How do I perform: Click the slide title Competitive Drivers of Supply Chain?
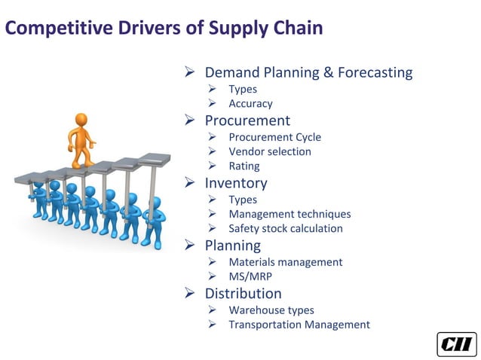164,29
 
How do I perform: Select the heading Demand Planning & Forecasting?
308,73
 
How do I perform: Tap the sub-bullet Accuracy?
250,104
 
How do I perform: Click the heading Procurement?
247,121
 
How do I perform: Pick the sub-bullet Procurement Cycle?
274,137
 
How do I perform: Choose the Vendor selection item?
270,151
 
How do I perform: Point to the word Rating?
244,166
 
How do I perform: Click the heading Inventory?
236,183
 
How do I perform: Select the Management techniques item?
290,214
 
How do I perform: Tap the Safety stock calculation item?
286,228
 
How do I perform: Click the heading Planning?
232,246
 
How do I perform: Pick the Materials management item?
286,262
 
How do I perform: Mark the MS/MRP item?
250,276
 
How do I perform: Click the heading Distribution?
243,294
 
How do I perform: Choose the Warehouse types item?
271,310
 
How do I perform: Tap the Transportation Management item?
299,325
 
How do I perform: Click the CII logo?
456,343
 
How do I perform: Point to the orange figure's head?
81,121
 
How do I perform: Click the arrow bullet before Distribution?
191,294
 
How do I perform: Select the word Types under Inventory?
243,200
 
